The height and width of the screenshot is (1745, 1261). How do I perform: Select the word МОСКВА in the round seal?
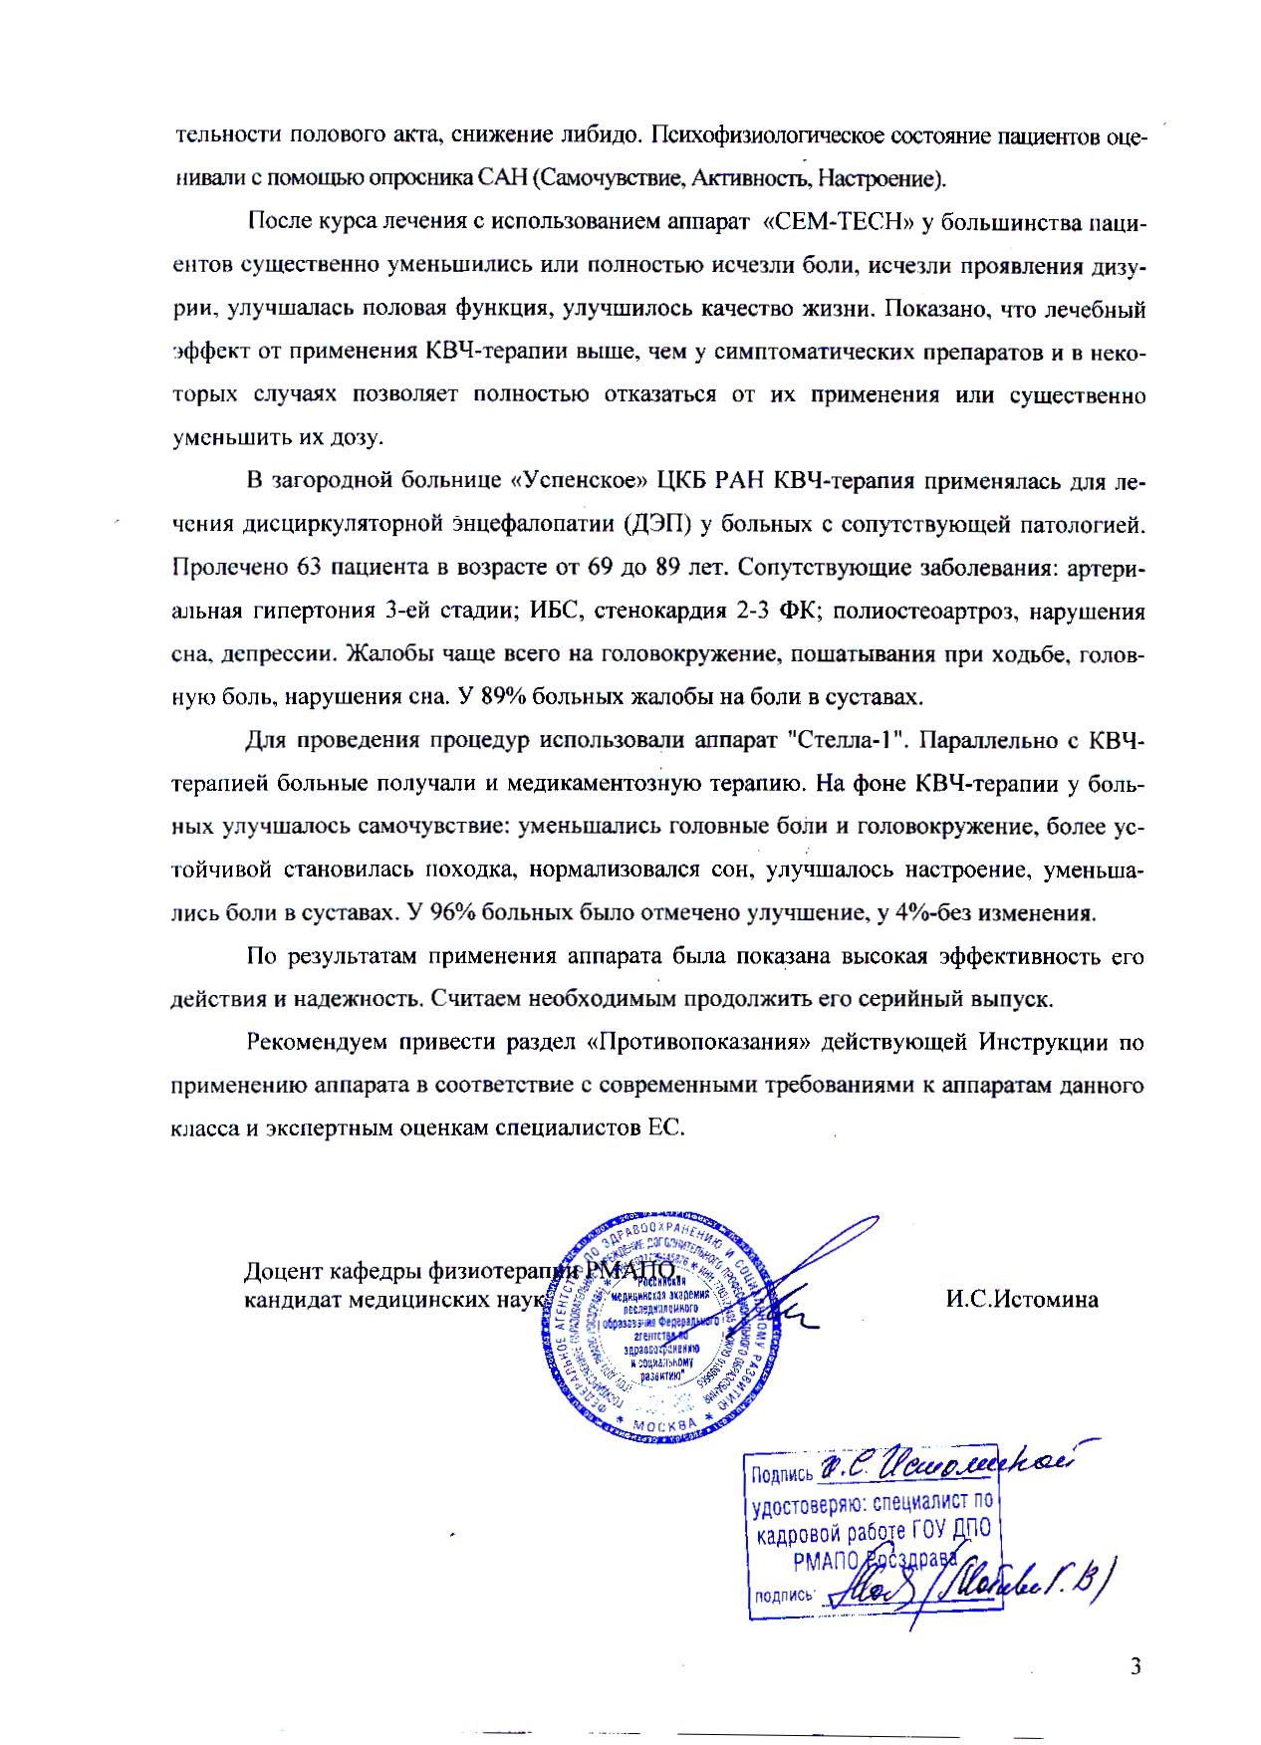click(663, 1428)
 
